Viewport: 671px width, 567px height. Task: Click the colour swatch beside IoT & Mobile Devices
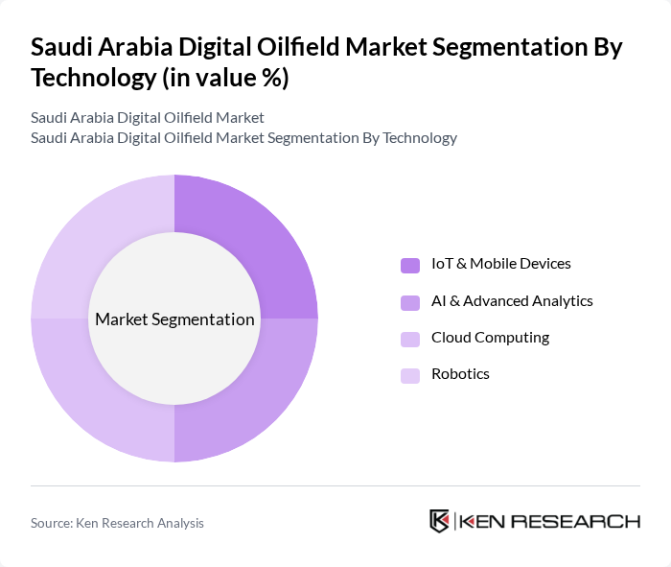[410, 265]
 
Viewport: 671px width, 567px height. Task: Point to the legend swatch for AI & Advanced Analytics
[410, 302]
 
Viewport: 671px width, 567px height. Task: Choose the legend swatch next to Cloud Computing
[410, 339]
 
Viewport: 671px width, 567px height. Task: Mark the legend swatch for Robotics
[410, 375]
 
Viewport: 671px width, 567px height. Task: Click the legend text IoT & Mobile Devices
[500, 264]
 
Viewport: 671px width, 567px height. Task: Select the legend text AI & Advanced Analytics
[512, 300]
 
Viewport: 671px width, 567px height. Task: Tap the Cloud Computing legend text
[490, 337]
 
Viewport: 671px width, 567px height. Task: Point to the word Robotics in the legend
[460, 373]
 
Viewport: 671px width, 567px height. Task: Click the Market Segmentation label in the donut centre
[174, 319]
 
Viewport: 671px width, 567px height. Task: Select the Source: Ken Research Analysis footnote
[117, 523]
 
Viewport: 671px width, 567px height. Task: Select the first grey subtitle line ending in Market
[147, 117]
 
